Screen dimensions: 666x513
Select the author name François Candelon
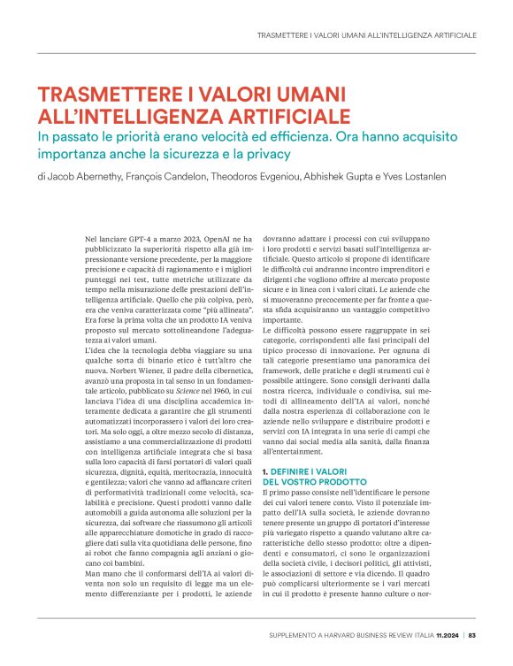tap(172, 176)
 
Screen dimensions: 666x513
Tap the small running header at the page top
tap(365, 34)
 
